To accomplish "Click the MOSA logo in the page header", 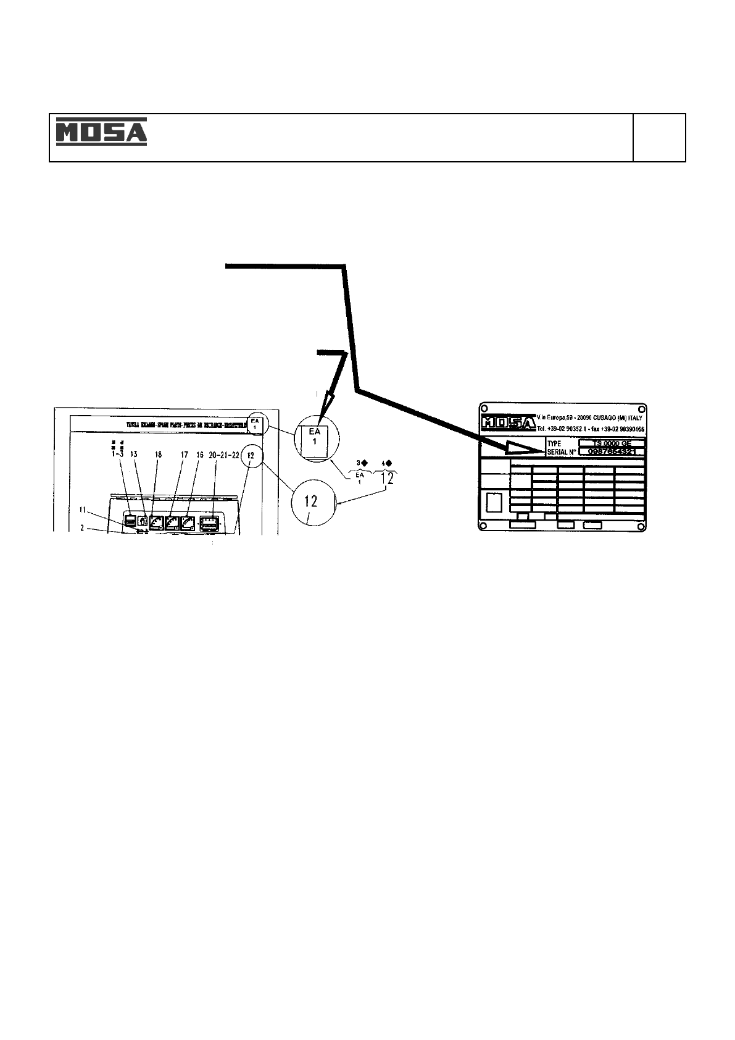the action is [102, 132].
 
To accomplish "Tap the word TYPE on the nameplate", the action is [555, 443].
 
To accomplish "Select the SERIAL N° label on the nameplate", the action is [562, 452].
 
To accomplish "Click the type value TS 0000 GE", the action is [612, 443].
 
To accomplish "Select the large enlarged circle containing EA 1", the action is [315, 437].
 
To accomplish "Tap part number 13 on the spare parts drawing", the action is [133, 454].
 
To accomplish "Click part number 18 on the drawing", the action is [158, 454].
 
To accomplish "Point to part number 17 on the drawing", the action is [184, 454].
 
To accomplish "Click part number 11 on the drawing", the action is [84, 510].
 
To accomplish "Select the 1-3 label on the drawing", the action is [116, 454].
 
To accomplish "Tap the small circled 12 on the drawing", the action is [251, 455].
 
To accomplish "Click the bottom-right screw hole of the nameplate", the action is [642, 526].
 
